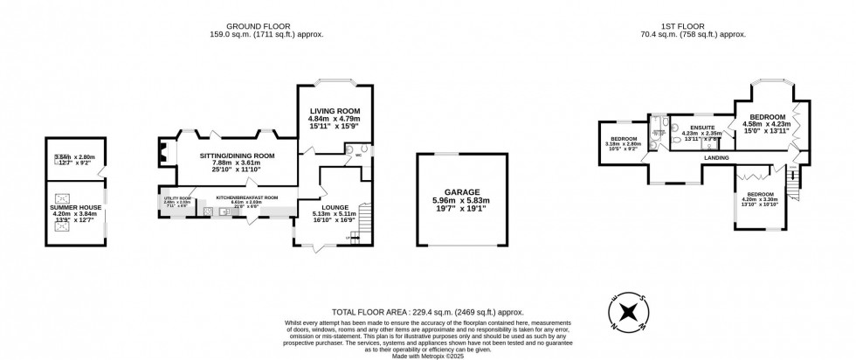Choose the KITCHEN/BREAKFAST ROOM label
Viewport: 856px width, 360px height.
click(246, 197)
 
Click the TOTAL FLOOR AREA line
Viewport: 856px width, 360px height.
click(428, 311)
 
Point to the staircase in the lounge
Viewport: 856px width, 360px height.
click(366, 213)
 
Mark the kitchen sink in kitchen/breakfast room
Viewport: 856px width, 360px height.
click(225, 211)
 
